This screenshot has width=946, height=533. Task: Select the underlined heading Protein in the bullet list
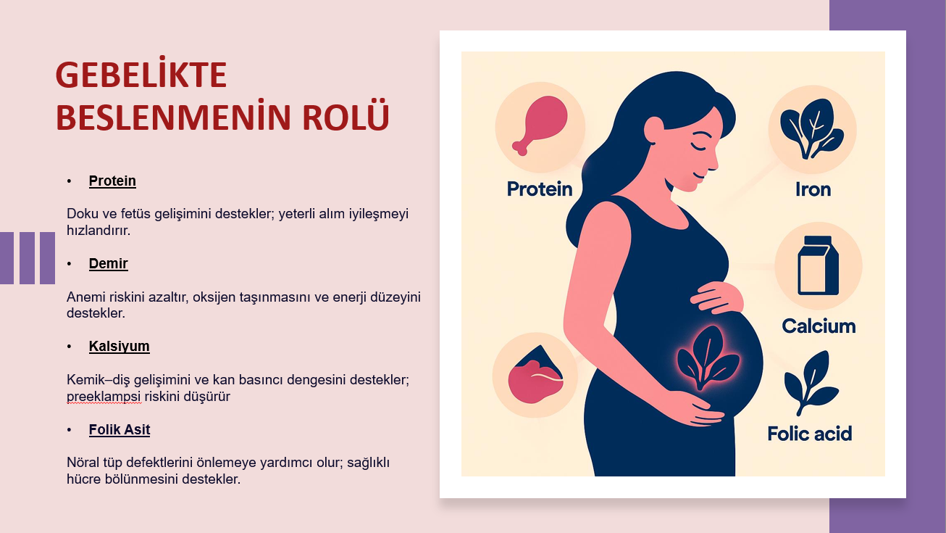pyautogui.click(x=112, y=181)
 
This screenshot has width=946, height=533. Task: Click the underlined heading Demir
pyautogui.click(x=108, y=264)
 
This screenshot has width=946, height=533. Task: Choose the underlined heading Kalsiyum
pyautogui.click(x=119, y=346)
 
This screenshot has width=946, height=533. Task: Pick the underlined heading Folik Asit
pyautogui.click(x=120, y=429)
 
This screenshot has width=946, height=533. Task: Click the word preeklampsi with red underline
pyautogui.click(x=104, y=397)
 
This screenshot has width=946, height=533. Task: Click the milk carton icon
pyautogui.click(x=818, y=265)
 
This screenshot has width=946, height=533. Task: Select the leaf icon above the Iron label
pyautogui.click(x=812, y=129)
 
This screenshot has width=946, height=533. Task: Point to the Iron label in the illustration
pyautogui.click(x=813, y=189)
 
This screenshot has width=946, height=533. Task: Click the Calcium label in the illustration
pyautogui.click(x=819, y=326)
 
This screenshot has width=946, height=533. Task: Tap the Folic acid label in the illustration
pyautogui.click(x=810, y=434)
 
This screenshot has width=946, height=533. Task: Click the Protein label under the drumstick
pyautogui.click(x=540, y=189)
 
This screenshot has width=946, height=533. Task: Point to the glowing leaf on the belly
pyautogui.click(x=708, y=358)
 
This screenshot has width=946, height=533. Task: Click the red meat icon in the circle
pyautogui.click(x=535, y=375)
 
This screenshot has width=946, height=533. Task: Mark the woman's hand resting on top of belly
pyautogui.click(x=716, y=297)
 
